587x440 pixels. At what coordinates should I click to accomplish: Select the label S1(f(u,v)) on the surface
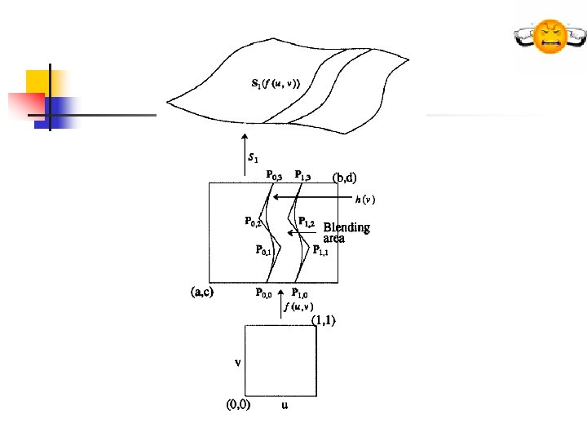(x=276, y=83)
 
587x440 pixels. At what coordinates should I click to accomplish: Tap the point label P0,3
(x=275, y=174)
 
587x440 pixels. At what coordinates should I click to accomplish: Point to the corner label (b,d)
(x=344, y=176)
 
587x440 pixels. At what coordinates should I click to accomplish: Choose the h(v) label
(x=364, y=198)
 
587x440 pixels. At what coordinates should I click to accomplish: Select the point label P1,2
(x=307, y=222)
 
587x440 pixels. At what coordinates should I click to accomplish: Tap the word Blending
(x=346, y=227)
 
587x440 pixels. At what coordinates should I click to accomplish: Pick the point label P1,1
(x=320, y=252)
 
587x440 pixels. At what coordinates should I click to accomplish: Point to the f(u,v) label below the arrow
(x=299, y=307)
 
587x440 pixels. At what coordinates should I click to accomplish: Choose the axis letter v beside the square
(x=237, y=363)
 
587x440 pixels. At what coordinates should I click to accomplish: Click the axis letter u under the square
(x=284, y=405)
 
